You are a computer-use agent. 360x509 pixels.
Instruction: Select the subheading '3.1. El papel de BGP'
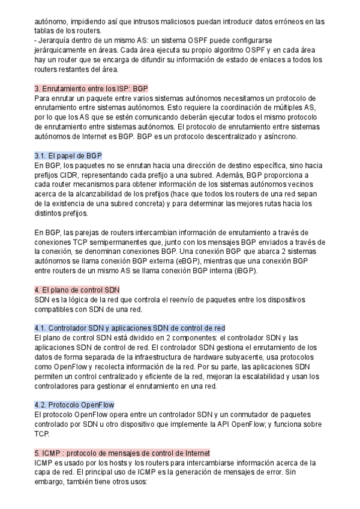point(68,155)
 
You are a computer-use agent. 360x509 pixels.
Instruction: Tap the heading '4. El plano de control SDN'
point(77,290)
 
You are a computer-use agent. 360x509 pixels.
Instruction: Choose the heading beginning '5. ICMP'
point(122,452)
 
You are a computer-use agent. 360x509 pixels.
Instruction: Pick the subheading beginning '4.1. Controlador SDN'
point(130,328)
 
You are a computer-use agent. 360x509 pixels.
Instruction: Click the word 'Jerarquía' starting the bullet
point(57,41)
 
